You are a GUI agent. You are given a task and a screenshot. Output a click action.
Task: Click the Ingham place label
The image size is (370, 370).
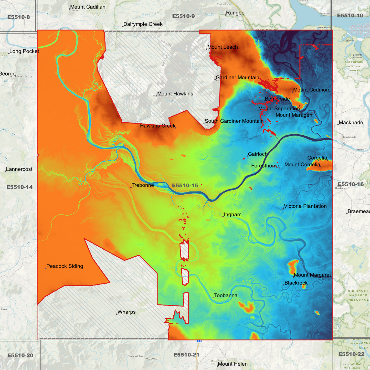coord(232,215)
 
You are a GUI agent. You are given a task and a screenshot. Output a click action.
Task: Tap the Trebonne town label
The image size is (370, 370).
coord(143,185)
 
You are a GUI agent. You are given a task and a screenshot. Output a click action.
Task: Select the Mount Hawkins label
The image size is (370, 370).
coord(175,94)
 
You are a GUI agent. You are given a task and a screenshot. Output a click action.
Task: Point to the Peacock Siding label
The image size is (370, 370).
coord(65,266)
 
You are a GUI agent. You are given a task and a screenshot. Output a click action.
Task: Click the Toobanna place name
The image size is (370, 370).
coord(226,295)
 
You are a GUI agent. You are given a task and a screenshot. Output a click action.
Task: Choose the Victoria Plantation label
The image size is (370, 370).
coord(305,206)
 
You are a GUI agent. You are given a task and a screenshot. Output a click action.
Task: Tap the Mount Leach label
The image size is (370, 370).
coord(223,47)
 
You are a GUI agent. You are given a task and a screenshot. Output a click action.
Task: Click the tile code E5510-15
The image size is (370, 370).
coord(185,186)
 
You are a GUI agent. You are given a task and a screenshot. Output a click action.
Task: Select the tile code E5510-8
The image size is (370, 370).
coord(18,17)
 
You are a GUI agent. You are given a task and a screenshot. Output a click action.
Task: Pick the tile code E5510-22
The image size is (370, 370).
coord(351,354)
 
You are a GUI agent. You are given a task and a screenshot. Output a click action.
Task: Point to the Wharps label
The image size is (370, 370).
coord(126,312)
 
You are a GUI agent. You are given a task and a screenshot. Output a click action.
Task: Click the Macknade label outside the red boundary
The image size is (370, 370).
coord(351,123)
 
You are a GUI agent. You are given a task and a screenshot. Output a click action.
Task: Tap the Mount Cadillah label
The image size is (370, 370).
coord(88,7)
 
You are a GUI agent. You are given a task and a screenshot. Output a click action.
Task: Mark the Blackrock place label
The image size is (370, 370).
coord(296,283)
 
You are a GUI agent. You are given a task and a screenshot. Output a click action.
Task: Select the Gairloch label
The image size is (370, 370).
coord(258,154)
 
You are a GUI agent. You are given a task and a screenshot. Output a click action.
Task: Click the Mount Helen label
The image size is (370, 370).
coord(233,364)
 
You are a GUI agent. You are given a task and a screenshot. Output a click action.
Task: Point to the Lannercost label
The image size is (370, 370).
coord(19,169)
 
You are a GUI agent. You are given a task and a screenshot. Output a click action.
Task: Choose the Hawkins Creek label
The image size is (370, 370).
coord(157,126)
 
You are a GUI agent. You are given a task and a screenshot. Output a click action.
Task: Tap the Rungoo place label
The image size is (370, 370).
coord(235,13)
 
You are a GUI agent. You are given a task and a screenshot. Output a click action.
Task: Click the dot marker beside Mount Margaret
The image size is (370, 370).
coord(293,277)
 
